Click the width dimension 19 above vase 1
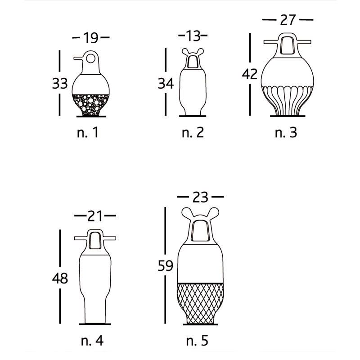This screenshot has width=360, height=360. pyautogui.click(x=91, y=38)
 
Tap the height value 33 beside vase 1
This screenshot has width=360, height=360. pyautogui.click(x=60, y=83)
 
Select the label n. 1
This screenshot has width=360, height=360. pyautogui.click(x=88, y=132)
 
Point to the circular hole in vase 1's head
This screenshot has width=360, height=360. pyautogui.click(x=91, y=58)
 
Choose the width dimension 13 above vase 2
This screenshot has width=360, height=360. pyautogui.click(x=193, y=36)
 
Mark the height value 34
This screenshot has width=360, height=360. pyautogui.click(x=166, y=83)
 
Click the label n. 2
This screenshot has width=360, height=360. pyautogui.click(x=193, y=132)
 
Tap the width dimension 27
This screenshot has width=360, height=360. pyautogui.click(x=288, y=20)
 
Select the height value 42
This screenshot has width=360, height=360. pyautogui.click(x=250, y=74)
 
